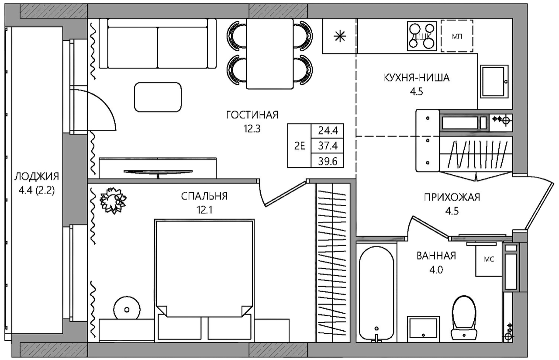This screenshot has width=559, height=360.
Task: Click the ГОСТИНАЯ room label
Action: tap(252, 115)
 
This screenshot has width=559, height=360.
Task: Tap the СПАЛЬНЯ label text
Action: tap(204, 197)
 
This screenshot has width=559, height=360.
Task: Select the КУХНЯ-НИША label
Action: tap(417, 78)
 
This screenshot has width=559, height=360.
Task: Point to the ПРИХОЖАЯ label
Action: tap(452, 197)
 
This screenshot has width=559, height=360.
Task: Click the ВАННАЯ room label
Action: tap(436, 256)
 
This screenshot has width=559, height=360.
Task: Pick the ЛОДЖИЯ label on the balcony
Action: tap(37, 177)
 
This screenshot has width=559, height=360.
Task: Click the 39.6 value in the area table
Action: tap(328, 162)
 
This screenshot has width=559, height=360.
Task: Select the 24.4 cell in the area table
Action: tap(328, 130)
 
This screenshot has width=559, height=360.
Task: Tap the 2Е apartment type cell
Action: tap(300, 146)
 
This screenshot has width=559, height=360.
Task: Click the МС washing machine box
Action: tap(489, 260)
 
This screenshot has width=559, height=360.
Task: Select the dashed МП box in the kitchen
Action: tap(457, 36)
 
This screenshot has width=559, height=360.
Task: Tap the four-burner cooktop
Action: tap(422, 36)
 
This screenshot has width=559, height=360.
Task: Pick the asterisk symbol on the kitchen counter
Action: tap(340, 37)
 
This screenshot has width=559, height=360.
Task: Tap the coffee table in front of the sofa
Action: tap(158, 97)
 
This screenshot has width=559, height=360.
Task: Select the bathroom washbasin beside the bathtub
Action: tap(423, 329)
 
